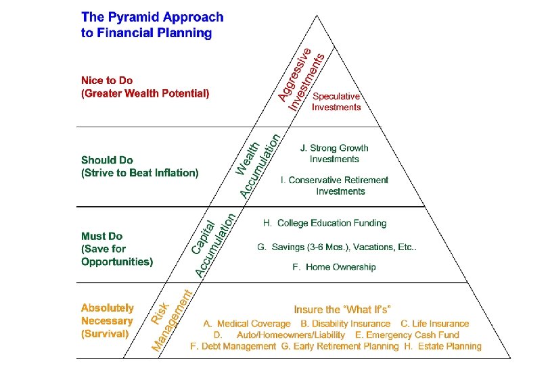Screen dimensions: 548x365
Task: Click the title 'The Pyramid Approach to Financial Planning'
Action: coord(152,25)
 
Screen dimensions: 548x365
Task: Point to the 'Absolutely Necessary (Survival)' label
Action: coord(108,320)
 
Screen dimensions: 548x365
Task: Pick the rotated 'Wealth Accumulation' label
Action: coord(258,165)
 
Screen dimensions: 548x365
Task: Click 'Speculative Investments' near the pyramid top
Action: coord(336,101)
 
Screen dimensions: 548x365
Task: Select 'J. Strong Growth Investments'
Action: coord(334,153)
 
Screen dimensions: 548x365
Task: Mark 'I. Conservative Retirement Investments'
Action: coord(336,185)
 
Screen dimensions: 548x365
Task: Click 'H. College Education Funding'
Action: coord(325,223)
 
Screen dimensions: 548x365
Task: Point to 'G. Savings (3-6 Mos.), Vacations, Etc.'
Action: coord(336,247)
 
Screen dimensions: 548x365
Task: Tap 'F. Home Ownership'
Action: coord(334,267)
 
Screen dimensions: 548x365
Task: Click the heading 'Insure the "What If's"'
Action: coord(342,310)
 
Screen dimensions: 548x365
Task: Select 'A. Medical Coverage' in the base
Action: coord(247,324)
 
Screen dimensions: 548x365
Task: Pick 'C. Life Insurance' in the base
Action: coord(434,324)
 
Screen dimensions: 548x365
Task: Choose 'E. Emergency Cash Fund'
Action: coord(407,335)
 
